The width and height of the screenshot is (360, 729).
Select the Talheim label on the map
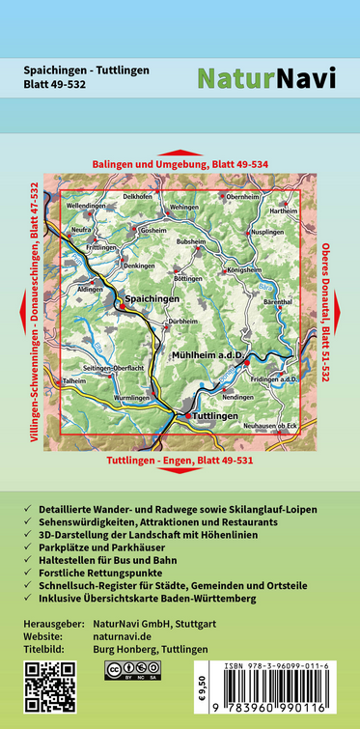tap(75, 382)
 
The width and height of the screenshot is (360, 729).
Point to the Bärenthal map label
tap(278, 303)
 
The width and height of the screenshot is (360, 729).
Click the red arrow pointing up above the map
tap(180, 153)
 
